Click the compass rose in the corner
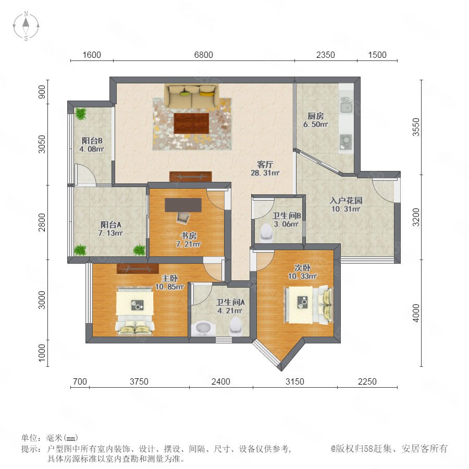pos(26,26)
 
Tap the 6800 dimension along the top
pos(203,55)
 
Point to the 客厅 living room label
pos(265,164)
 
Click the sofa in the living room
pos(191,96)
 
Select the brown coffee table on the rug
pos(191,123)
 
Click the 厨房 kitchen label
pos(316,116)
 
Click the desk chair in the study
pos(183,217)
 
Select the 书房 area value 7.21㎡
pos(188,244)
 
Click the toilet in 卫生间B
pos(266,232)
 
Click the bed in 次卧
pos(308,305)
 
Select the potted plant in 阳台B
pos(80,114)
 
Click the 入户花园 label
pos(346,201)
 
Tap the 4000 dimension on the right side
pos(416,313)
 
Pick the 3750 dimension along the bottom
pos(139,381)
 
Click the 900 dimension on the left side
pos(42,92)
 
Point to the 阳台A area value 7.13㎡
pos(110,233)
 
